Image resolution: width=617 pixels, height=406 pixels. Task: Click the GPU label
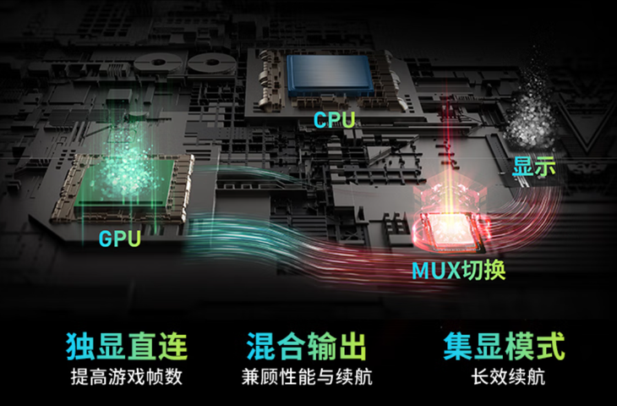point(120,239)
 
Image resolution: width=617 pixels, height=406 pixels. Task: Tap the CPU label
point(335,120)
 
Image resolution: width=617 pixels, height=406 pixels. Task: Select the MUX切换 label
point(458,270)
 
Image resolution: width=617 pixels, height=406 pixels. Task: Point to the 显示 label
point(534,167)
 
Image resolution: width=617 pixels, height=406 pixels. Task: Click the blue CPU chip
point(330,74)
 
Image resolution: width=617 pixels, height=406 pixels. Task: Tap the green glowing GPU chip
point(125,183)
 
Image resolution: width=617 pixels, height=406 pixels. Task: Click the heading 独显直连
point(127,346)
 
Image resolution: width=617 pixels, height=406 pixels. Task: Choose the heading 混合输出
point(307,346)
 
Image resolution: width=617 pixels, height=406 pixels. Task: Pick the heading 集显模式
point(505,346)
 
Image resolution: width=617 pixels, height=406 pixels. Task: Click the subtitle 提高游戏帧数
point(127,377)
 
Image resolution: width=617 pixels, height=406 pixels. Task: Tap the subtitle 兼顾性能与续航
point(307,377)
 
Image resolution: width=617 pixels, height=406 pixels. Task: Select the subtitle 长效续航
point(509,377)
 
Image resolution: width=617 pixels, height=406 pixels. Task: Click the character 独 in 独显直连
point(80,346)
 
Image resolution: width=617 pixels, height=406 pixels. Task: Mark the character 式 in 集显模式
point(551,346)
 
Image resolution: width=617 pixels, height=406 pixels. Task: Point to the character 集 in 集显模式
point(458,346)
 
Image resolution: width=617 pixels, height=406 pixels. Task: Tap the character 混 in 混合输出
point(260,346)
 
